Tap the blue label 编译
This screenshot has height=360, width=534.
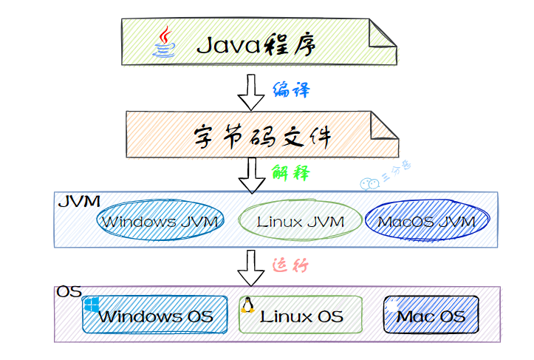pyautogui.click(x=291, y=90)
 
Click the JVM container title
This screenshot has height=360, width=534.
pyautogui.click(x=78, y=202)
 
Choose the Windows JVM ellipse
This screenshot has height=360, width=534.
pyautogui.click(x=160, y=221)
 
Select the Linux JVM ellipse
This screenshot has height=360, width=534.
pyautogui.click(x=301, y=221)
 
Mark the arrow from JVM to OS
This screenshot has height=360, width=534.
pyautogui.click(x=250, y=268)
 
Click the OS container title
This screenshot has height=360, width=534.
pyautogui.click(x=69, y=292)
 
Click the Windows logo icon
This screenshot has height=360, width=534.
pyautogui.click(x=92, y=305)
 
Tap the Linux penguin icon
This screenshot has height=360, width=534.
pyautogui.click(x=247, y=305)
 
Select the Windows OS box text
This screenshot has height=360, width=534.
pyautogui.click(x=156, y=317)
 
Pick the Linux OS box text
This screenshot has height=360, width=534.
pyautogui.click(x=301, y=317)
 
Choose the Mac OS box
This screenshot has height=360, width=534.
pyautogui.click(x=431, y=316)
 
